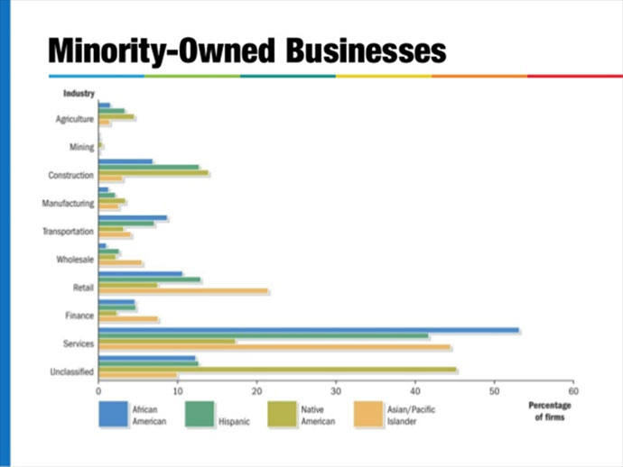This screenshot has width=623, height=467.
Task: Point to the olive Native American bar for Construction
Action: [x=153, y=172]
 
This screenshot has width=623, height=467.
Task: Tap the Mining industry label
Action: [x=81, y=147]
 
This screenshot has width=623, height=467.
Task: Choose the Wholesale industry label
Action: [x=75, y=260]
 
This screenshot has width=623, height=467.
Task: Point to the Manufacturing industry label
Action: [x=69, y=203]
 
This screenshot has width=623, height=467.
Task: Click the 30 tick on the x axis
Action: [x=336, y=390]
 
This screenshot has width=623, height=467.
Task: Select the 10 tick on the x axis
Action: [x=178, y=390]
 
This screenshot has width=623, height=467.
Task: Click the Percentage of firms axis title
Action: [x=546, y=412]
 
